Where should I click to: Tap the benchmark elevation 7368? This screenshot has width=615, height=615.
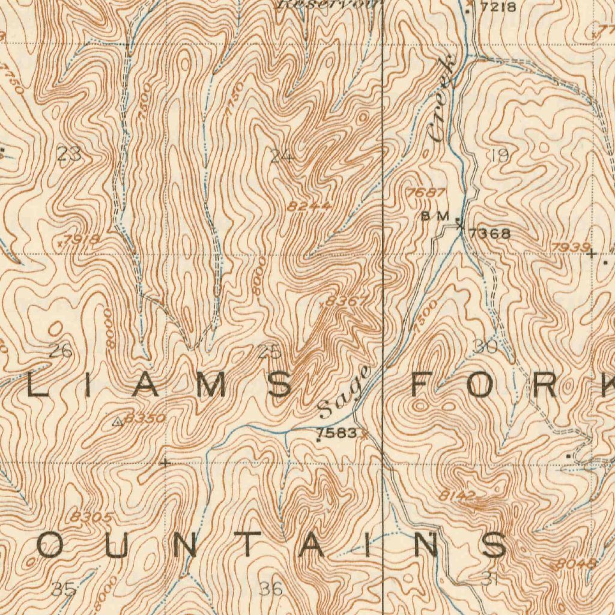489,234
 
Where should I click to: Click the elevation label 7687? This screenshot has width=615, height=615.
426,193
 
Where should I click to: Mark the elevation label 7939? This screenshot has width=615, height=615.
569,247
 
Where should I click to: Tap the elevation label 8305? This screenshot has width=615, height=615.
91,517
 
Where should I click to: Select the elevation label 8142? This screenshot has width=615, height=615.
457,495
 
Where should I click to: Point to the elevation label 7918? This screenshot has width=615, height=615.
82,240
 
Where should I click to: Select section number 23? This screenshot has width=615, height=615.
70,155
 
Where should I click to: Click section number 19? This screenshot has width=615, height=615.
499,156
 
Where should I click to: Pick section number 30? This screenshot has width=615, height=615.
485,347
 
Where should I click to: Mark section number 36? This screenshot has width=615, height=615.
271,589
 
